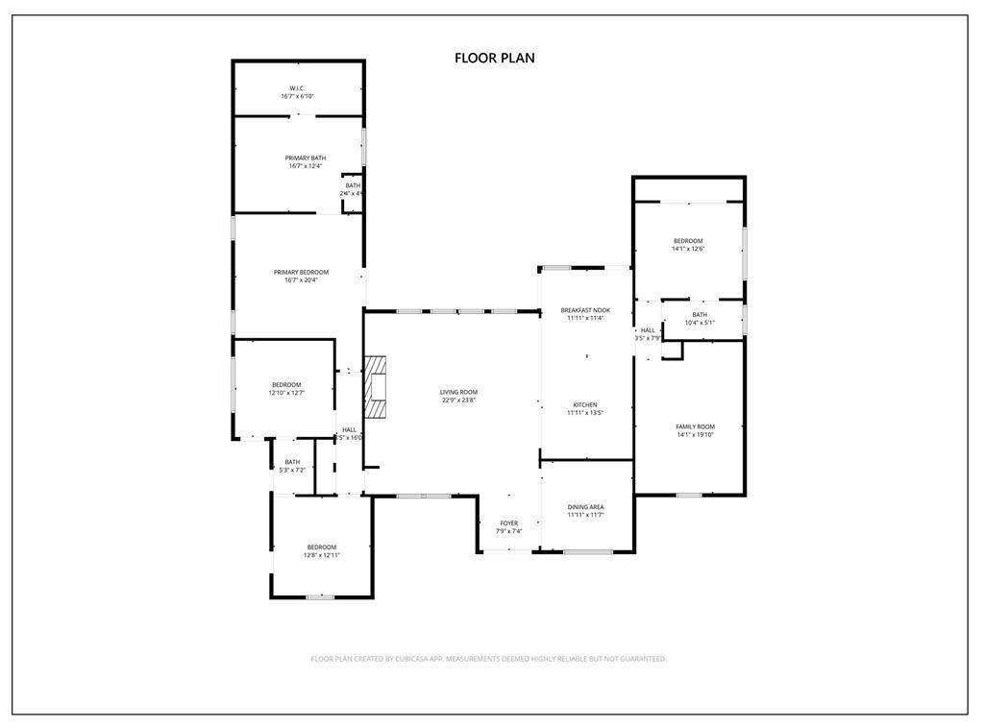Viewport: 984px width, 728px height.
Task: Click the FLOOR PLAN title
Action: pyautogui.click(x=494, y=59)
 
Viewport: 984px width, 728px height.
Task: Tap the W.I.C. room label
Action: pyautogui.click(x=297, y=88)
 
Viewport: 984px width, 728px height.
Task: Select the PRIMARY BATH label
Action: pyautogui.click(x=305, y=158)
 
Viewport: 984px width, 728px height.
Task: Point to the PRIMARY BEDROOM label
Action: pyautogui.click(x=300, y=272)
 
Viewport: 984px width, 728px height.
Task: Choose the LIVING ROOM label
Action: pyautogui.click(x=458, y=392)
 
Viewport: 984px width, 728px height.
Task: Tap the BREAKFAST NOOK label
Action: pyautogui.click(x=585, y=310)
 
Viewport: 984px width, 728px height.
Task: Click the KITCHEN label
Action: pyautogui.click(x=585, y=405)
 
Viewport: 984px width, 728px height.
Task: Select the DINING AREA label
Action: pyautogui.click(x=585, y=507)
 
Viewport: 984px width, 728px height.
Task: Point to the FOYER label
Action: pyautogui.click(x=508, y=523)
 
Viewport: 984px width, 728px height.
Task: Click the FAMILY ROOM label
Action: pyautogui.click(x=695, y=426)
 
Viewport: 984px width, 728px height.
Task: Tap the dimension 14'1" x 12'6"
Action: pyautogui.click(x=687, y=250)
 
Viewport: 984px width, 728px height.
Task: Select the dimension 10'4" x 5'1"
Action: pyautogui.click(x=699, y=323)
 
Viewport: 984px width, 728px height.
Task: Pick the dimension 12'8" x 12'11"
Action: pyautogui.click(x=321, y=555)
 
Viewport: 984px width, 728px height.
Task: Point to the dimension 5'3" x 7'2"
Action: pyautogui.click(x=292, y=470)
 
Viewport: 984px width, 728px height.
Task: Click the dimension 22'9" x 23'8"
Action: pyautogui.click(x=458, y=400)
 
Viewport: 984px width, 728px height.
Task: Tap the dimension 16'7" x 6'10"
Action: pyautogui.click(x=297, y=96)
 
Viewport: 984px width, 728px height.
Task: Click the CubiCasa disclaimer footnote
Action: pyautogui.click(x=488, y=659)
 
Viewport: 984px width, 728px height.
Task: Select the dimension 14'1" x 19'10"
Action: pyautogui.click(x=695, y=434)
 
